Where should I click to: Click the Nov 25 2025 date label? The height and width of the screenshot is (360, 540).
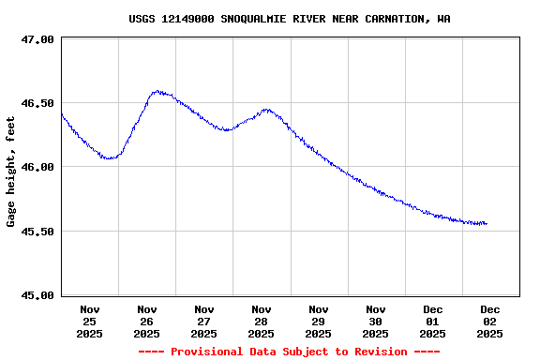[x=90, y=321]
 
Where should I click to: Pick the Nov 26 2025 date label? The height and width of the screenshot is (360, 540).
[x=147, y=321]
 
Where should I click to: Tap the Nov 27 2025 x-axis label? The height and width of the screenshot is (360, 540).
[x=204, y=321]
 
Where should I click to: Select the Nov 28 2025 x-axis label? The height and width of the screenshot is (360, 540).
[x=262, y=321]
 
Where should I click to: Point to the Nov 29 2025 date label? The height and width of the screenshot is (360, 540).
[x=319, y=321]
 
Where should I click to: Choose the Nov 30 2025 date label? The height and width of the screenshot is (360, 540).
[x=376, y=321]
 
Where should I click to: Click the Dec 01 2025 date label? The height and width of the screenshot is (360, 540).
[x=433, y=321]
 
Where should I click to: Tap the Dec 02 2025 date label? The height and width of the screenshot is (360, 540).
[x=490, y=321]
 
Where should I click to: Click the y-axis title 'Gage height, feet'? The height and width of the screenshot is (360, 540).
[x=11, y=172]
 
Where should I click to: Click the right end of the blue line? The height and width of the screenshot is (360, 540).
[x=487, y=223]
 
